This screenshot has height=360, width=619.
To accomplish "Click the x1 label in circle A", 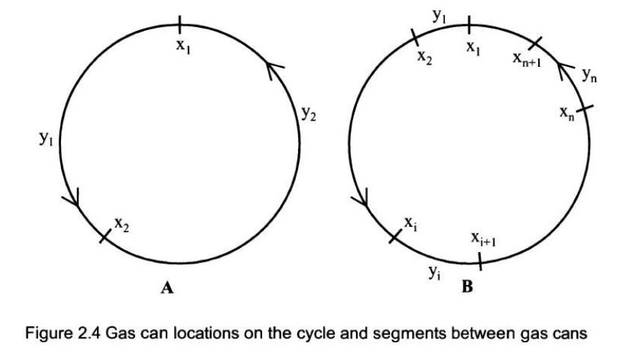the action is tap(183, 46).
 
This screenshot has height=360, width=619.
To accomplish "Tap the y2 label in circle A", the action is tap(308, 114).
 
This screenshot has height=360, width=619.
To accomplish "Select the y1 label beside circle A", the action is tap(46, 138).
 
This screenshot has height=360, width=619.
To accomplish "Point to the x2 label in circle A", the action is tap(122, 225).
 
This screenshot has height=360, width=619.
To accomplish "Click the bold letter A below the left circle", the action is tap(167, 288).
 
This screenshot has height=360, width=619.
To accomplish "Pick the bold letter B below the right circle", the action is tap(467, 286).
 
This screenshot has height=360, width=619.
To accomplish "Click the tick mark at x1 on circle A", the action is tap(180, 25).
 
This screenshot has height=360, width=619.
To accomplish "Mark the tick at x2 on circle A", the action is tap(104, 236).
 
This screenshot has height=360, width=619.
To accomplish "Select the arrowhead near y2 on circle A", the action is tap(274, 69).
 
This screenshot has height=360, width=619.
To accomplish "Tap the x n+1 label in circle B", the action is tap(526, 60).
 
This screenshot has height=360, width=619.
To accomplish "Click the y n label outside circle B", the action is tap(590, 75).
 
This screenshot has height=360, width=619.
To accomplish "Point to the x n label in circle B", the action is tap(567, 113).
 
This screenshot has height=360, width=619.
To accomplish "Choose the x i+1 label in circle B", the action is tap(484, 239).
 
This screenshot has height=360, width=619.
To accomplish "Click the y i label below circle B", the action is tap(435, 273).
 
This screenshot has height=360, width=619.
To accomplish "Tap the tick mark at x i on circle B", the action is tap(395, 236).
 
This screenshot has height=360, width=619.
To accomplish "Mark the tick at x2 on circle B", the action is tap(415, 37).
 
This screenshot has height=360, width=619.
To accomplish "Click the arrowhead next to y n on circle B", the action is tap(565, 70).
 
